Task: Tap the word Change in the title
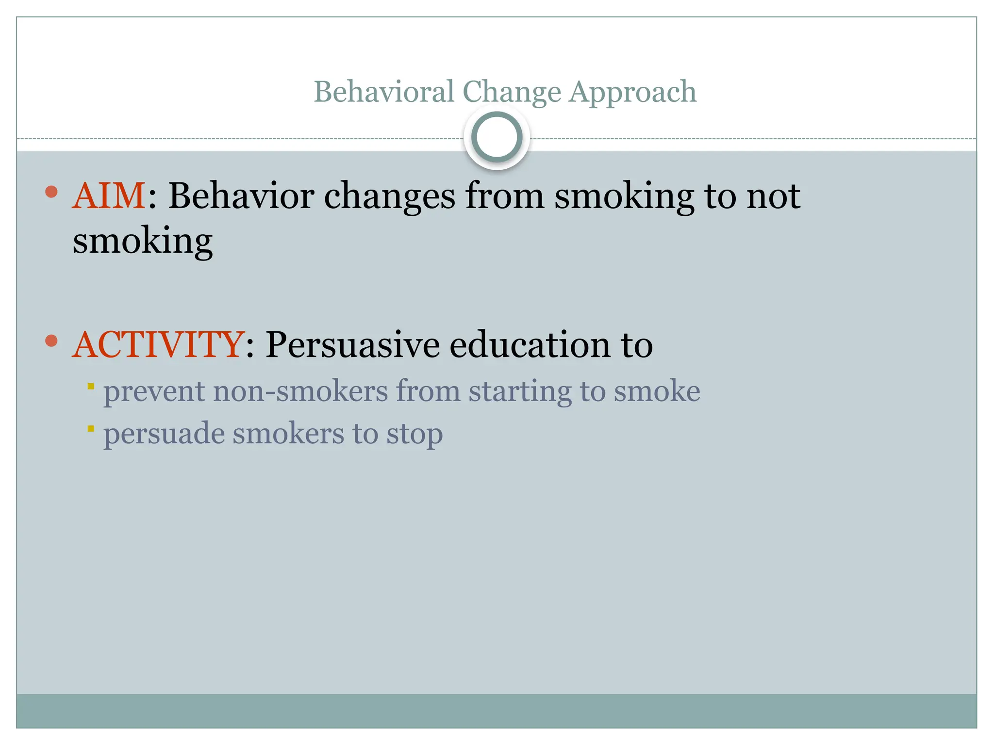(512, 92)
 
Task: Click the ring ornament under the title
(497, 137)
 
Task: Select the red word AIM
(109, 196)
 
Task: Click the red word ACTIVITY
(158, 345)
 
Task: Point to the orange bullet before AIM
(51, 192)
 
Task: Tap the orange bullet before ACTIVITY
(51, 341)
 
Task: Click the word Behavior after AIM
(241, 196)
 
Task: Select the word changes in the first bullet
(390, 197)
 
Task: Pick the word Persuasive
(353, 345)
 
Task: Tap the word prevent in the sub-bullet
(154, 391)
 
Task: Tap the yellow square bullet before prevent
(91, 387)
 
